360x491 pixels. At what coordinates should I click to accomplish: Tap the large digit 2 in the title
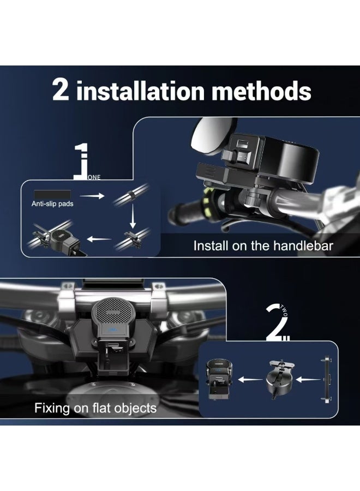tap(61, 90)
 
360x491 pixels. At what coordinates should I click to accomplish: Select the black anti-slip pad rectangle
tap(52, 194)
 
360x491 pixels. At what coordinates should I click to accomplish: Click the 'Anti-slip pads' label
tap(52, 204)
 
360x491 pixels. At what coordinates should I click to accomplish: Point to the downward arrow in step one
tap(133, 216)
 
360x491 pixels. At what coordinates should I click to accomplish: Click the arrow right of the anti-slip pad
tap(92, 196)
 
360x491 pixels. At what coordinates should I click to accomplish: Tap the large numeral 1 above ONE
tap(81, 161)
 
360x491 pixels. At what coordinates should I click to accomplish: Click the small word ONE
tap(94, 177)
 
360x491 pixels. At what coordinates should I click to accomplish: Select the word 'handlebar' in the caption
tap(303, 246)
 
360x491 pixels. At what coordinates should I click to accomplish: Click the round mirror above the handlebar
tap(213, 135)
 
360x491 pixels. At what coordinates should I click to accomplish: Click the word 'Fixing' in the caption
tap(52, 408)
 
